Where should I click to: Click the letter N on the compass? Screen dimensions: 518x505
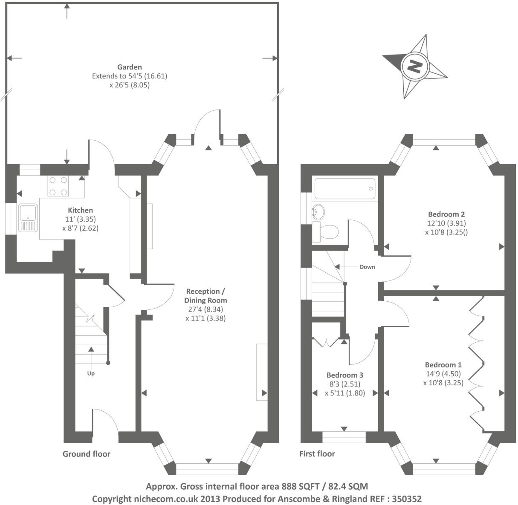[415, 66]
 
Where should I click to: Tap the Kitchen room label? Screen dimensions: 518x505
[81, 210]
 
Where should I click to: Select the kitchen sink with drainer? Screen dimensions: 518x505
[28, 218]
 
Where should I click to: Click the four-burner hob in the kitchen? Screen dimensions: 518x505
[58, 186]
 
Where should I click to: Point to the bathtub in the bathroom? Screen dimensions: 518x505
[345, 189]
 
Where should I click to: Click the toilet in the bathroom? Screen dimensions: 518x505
[325, 231]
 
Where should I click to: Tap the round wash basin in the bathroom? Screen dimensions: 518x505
[318, 212]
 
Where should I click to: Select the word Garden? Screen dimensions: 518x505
[130, 67]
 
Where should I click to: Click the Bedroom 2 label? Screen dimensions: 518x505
[446, 214]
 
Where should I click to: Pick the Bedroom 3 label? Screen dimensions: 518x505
[345, 375]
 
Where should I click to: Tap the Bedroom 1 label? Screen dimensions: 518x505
[443, 365]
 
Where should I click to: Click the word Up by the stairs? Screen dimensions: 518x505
[91, 374]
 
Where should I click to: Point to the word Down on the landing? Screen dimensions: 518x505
[368, 267]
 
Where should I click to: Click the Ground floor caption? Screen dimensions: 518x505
[87, 454]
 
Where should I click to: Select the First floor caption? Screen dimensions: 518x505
[317, 454]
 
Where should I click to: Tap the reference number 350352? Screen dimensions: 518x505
[406, 499]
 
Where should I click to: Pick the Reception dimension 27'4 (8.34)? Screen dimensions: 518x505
[205, 309]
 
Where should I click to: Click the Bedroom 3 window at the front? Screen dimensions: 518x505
[344, 437]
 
